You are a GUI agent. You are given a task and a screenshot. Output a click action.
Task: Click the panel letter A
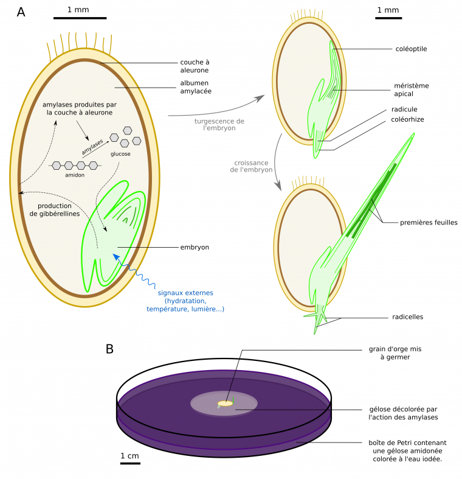(x=21, y=12)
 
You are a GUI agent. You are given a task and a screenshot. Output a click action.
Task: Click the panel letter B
(x=109, y=349)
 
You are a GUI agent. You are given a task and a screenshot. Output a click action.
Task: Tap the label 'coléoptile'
(x=410, y=49)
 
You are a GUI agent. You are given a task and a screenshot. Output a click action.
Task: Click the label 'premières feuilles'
(x=428, y=223)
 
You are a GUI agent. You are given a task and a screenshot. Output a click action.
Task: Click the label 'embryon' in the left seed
(x=195, y=247)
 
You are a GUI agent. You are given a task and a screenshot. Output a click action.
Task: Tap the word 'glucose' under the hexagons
(x=120, y=154)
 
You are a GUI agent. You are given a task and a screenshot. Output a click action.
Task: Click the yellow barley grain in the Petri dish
(x=225, y=404)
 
